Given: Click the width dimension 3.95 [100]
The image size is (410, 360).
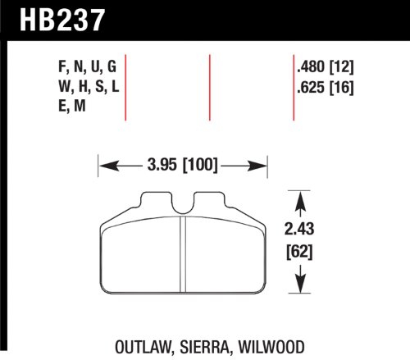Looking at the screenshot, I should coord(177,167).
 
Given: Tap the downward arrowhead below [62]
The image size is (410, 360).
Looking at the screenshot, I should coord(303,286).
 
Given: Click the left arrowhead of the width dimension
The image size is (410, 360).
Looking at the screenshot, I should coord(104,167).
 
